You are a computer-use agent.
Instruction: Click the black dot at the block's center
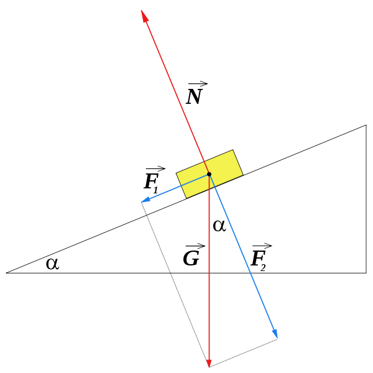coord(209,174)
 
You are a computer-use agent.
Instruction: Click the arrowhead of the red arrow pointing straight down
coord(209,364)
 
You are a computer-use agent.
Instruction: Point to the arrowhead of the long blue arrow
coord(275,334)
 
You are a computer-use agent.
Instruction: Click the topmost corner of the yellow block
coord(233,150)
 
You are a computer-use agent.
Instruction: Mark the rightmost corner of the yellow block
coord(242,174)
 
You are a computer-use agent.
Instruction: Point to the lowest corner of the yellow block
coord(187,198)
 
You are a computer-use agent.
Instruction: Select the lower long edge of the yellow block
coord(215,186)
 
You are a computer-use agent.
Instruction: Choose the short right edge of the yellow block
coord(237,162)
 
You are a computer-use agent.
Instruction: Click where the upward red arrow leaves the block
coord(204,163)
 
